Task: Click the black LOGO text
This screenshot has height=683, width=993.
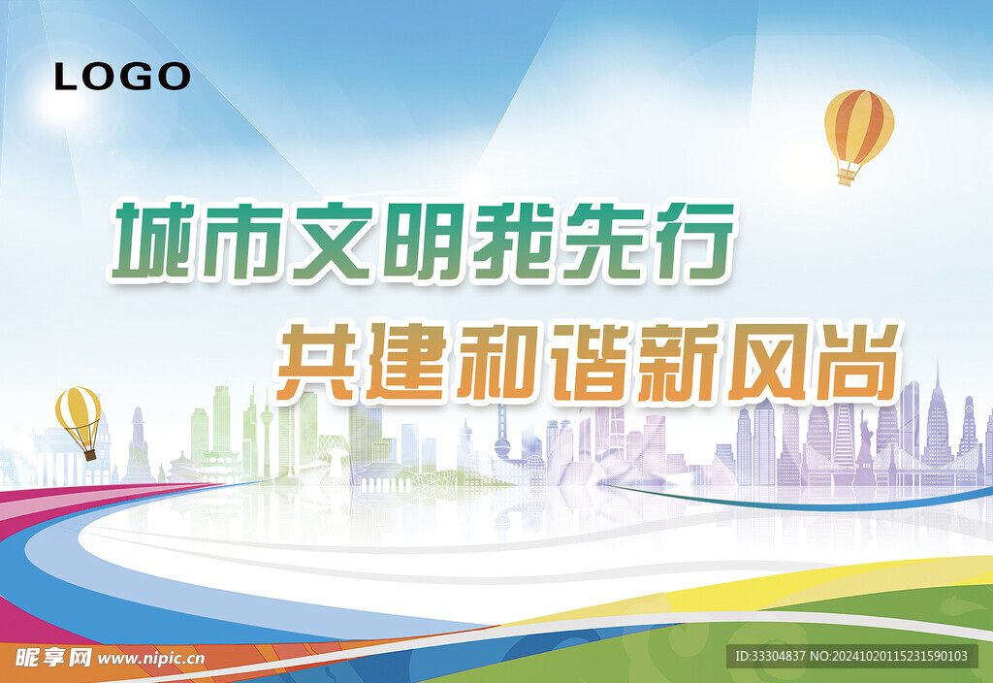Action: (x=122, y=76)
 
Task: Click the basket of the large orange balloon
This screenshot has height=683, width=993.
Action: (x=847, y=177)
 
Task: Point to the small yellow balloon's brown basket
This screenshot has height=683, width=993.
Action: (x=89, y=453)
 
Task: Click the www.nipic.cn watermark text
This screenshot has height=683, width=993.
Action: (x=151, y=658)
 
